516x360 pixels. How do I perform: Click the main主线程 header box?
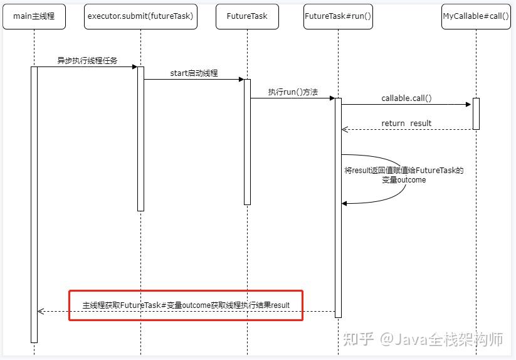34,16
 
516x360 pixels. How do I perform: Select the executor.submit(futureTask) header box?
140,16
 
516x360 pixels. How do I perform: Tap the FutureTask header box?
247,16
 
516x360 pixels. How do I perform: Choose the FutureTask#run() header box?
338,16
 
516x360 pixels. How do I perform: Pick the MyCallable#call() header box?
476,16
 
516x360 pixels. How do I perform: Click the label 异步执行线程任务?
87,61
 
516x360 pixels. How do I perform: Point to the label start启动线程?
194,73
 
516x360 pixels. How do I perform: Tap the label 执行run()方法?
293,92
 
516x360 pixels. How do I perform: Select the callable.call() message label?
406,98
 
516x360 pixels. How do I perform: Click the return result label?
406,124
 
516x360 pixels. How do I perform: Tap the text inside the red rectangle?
186,305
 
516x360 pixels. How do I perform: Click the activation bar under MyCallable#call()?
476,114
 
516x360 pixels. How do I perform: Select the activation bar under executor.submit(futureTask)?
140,138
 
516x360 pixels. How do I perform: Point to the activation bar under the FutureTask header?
247,141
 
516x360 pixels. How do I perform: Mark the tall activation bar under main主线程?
34,204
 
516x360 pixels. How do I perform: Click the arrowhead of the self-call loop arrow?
344,203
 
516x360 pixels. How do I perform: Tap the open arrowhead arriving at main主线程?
40,311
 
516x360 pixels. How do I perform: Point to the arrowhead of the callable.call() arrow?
468,105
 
